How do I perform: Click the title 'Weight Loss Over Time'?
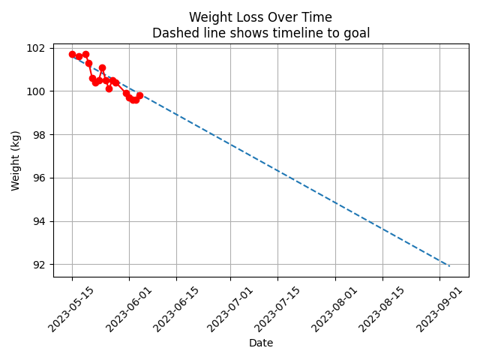tap(260, 17)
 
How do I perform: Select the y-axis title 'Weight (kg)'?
tap(16, 160)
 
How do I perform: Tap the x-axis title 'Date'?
tap(260, 343)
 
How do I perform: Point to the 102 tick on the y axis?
tap(36, 48)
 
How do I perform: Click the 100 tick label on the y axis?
tap(36, 91)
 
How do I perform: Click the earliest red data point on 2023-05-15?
tap(72, 54)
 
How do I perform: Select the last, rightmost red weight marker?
tap(139, 95)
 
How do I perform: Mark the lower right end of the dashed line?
tap(449, 265)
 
